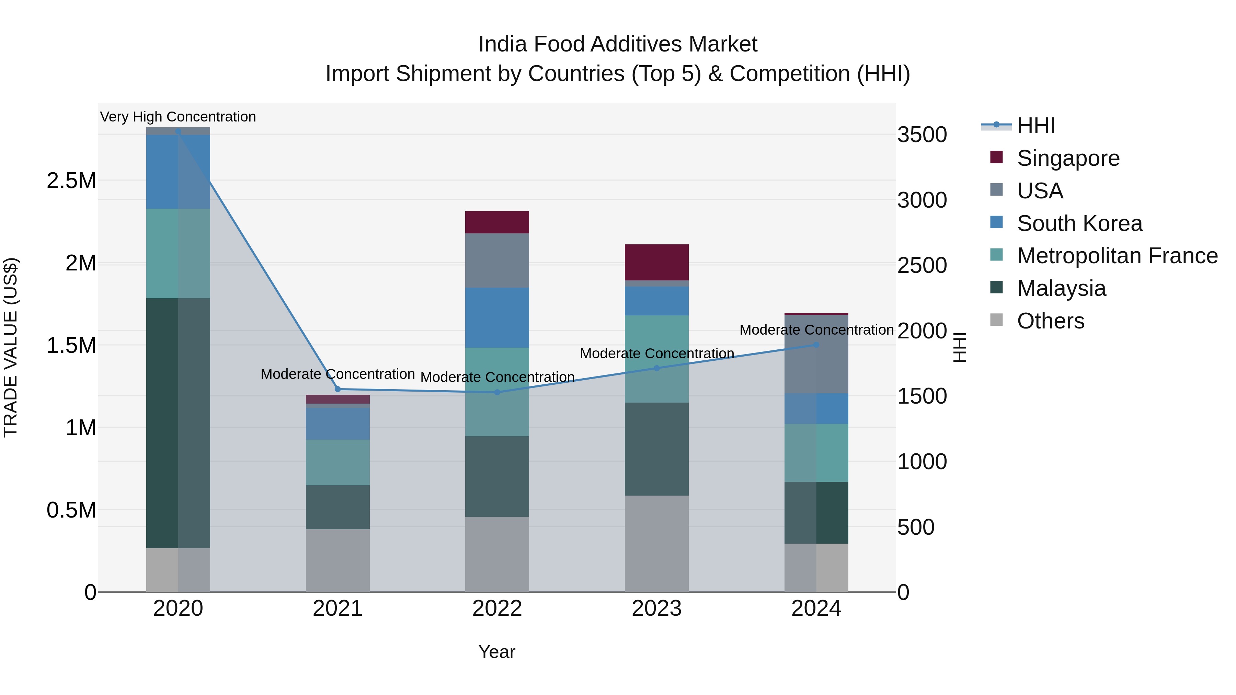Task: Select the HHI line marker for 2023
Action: coord(657,368)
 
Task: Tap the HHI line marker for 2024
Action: coord(816,345)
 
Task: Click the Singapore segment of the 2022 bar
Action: coord(497,222)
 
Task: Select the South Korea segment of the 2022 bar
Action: coord(497,317)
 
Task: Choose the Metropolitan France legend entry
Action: coord(1117,256)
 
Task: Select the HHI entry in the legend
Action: coord(1035,126)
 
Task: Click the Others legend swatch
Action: coord(997,320)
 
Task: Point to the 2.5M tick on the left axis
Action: coord(71,181)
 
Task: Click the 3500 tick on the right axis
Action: coord(922,135)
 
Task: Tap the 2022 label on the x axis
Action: coord(497,609)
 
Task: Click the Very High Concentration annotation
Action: coord(178,117)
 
